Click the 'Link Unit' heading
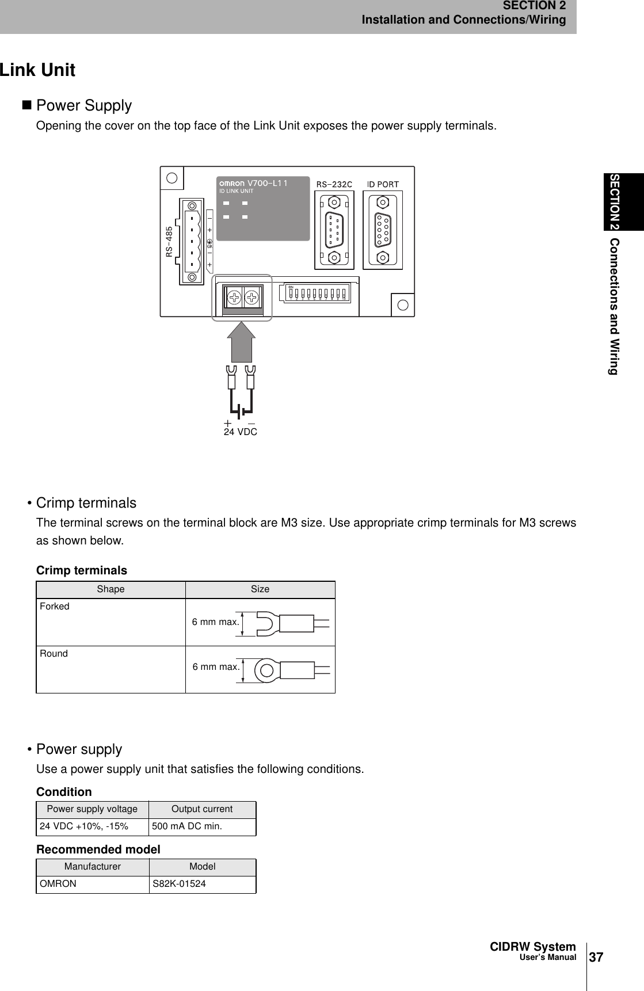click(x=38, y=70)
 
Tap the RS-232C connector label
click(x=334, y=184)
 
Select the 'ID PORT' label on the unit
click(x=383, y=184)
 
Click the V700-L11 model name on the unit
click(x=267, y=183)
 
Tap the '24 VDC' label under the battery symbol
click(x=240, y=432)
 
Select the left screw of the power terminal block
click(x=234, y=298)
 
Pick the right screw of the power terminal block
click(x=251, y=298)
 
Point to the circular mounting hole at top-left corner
click(x=172, y=177)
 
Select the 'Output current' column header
click(x=202, y=809)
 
